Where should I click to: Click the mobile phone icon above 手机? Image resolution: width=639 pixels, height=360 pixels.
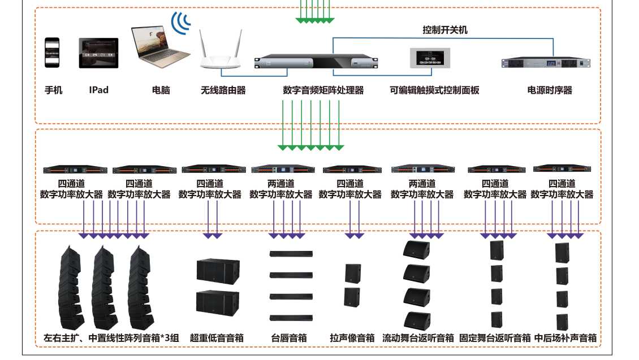point(52,52)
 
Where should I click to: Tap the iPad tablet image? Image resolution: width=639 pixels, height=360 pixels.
point(98,53)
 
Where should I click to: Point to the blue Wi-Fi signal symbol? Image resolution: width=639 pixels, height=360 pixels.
point(182,23)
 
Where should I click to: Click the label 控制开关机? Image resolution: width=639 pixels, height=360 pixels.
point(445,30)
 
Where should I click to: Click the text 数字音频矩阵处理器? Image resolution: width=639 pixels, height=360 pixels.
point(323,90)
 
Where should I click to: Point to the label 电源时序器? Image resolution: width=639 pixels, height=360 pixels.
point(550,90)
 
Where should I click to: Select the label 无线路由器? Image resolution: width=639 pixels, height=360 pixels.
point(223,90)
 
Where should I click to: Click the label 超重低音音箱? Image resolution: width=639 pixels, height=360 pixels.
point(217,338)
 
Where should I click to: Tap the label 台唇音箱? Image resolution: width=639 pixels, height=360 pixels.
point(289,338)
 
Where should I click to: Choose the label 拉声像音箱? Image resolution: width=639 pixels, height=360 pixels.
point(352,338)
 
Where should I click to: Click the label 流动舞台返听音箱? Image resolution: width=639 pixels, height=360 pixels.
point(418,338)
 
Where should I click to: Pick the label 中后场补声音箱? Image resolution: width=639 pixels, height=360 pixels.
point(565,338)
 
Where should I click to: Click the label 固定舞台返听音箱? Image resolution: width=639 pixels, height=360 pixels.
point(495,338)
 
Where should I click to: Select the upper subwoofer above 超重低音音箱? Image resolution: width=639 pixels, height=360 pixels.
point(217,271)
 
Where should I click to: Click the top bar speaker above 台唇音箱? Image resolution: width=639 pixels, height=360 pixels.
point(291,253)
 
